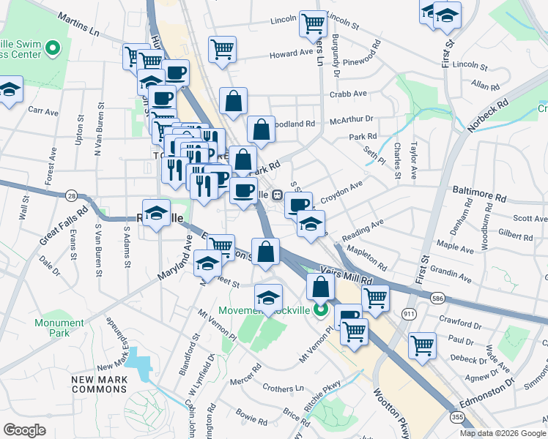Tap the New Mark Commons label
[x=100, y=384]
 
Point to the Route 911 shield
[x=409, y=312]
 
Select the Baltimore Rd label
[x=480, y=198]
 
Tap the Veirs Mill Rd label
[x=346, y=277]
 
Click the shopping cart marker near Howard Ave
[x=222, y=49]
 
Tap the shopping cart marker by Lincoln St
[x=313, y=23]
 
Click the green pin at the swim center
[x=52, y=49]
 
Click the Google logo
[x=25, y=430]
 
